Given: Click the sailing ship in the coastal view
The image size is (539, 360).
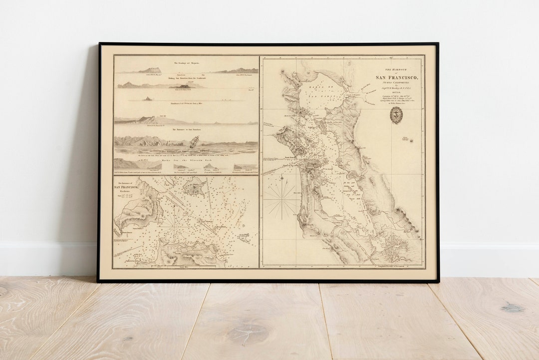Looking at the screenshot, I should pos(194,141).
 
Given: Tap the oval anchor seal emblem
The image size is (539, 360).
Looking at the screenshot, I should pos(396,115).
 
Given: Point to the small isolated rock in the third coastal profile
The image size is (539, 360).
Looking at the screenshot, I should pos(147,98).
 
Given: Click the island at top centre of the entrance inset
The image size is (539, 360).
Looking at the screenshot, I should pos(194,186).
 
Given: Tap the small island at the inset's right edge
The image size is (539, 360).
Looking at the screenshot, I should pos(244,238).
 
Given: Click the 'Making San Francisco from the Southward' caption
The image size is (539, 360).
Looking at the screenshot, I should pos(186,78).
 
